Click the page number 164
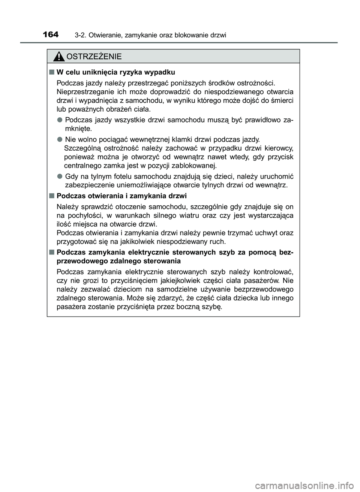[51, 35]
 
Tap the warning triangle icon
[59, 57]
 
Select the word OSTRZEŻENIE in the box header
[94, 57]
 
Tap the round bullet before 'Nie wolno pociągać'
[60, 139]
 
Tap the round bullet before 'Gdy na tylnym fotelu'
[60, 176]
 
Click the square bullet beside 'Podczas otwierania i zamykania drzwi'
[51, 196]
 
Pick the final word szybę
[213, 307]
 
